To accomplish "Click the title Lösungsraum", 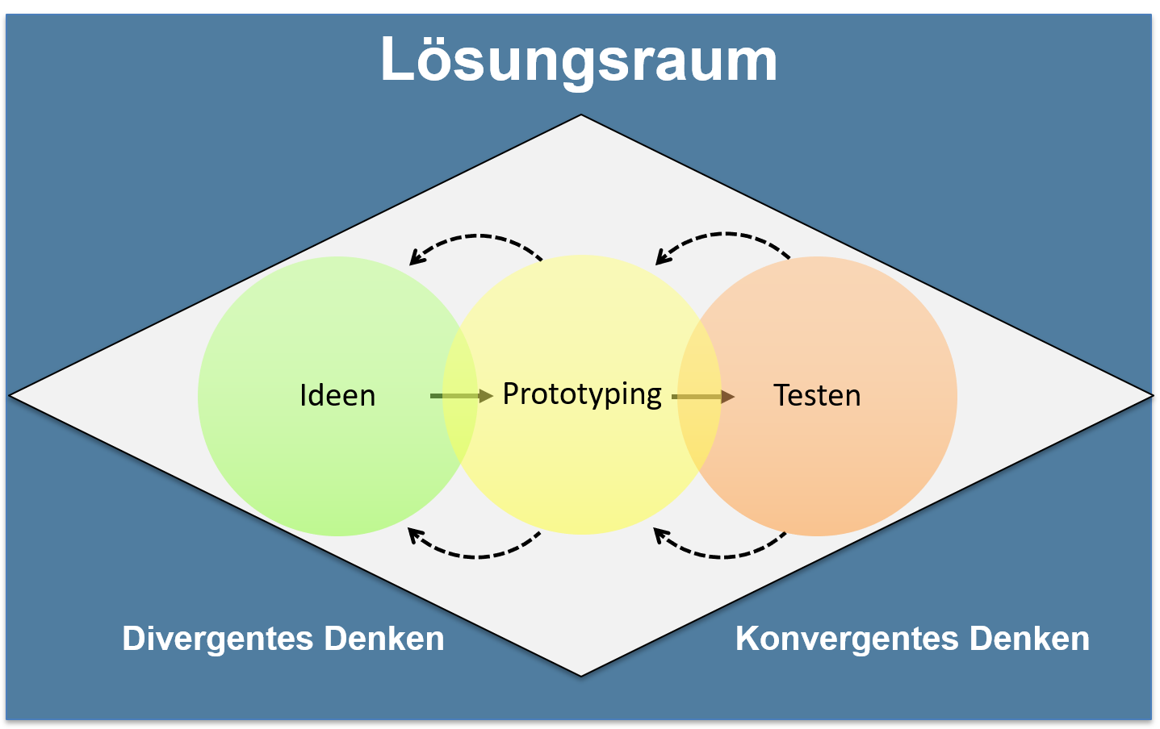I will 579,60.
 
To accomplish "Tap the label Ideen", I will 337,395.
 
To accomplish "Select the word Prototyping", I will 582,394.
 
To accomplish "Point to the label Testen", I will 817,395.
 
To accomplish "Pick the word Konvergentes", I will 847,639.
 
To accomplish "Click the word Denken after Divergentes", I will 384,639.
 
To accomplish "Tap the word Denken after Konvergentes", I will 1029,639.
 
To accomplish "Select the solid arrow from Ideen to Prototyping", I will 461,396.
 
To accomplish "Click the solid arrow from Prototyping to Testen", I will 703,397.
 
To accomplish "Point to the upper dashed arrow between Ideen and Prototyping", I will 476,238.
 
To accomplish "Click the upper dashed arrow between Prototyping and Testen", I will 722,235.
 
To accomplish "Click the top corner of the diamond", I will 581,116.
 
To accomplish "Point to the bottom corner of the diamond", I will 581,674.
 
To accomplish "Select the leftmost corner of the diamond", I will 11,395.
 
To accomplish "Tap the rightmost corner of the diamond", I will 1150,395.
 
